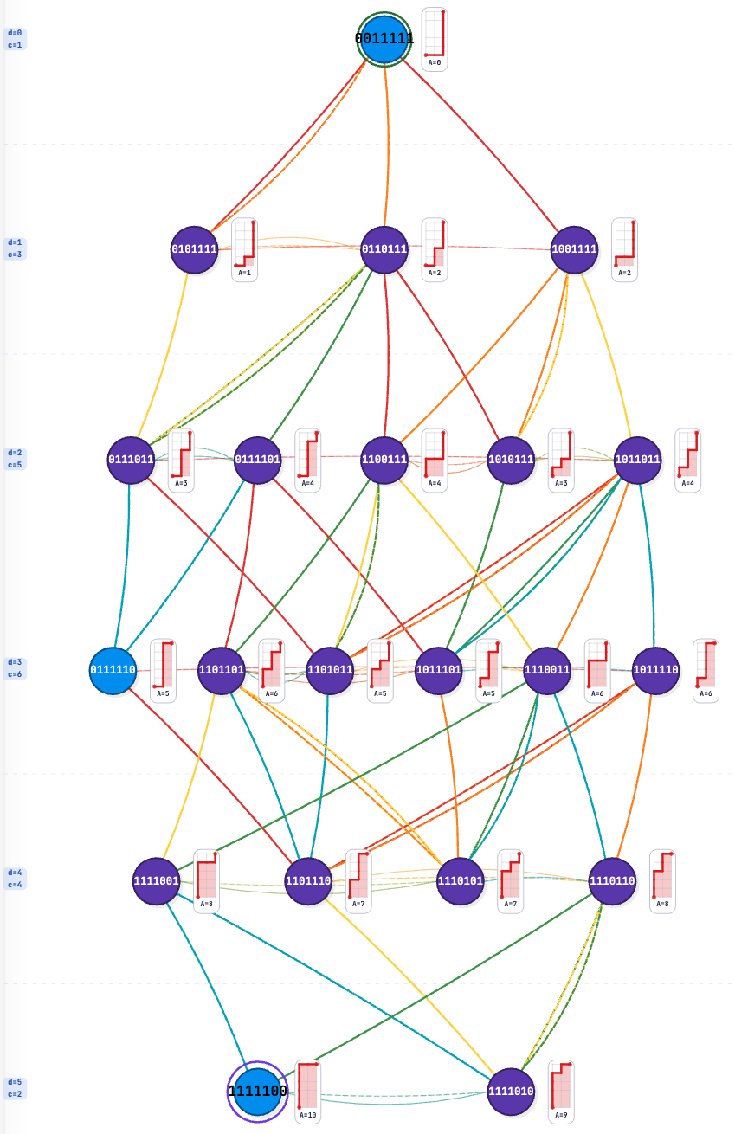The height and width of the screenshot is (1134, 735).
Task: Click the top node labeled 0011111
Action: pyautogui.click(x=384, y=39)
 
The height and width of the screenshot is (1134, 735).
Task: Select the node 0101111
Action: pyautogui.click(x=194, y=249)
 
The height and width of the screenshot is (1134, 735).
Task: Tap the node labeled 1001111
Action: pyautogui.click(x=574, y=249)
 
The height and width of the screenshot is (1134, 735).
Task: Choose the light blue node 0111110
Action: pyautogui.click(x=113, y=671)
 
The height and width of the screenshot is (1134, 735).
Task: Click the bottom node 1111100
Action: pyautogui.click(x=257, y=1092)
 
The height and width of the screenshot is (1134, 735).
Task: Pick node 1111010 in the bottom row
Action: pyautogui.click(x=511, y=1092)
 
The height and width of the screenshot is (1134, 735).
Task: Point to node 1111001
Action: pyautogui.click(x=157, y=881)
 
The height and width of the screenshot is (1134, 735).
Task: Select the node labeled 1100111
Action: pyautogui.click(x=384, y=460)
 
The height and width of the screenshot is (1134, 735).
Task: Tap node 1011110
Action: pyautogui.click(x=655, y=671)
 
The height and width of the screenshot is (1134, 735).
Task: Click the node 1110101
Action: pyautogui.click(x=461, y=881)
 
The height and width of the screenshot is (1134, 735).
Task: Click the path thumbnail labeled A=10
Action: pyautogui.click(x=307, y=1092)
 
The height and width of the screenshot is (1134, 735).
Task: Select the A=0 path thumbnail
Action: pyautogui.click(x=435, y=39)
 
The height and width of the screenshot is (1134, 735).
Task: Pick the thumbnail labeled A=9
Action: pyautogui.click(x=561, y=1092)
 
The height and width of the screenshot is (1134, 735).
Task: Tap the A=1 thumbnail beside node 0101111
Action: pyautogui.click(x=244, y=249)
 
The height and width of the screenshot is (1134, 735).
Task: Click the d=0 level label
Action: pyautogui.click(x=15, y=33)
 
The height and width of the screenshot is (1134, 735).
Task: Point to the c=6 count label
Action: pyautogui.click(x=15, y=674)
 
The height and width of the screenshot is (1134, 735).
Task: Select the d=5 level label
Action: pyautogui.click(x=15, y=1082)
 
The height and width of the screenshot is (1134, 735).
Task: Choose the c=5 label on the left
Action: pyautogui.click(x=15, y=465)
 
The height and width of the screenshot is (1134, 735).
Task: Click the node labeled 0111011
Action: pyautogui.click(x=131, y=460)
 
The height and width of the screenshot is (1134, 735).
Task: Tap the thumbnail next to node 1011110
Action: pyautogui.click(x=706, y=671)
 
